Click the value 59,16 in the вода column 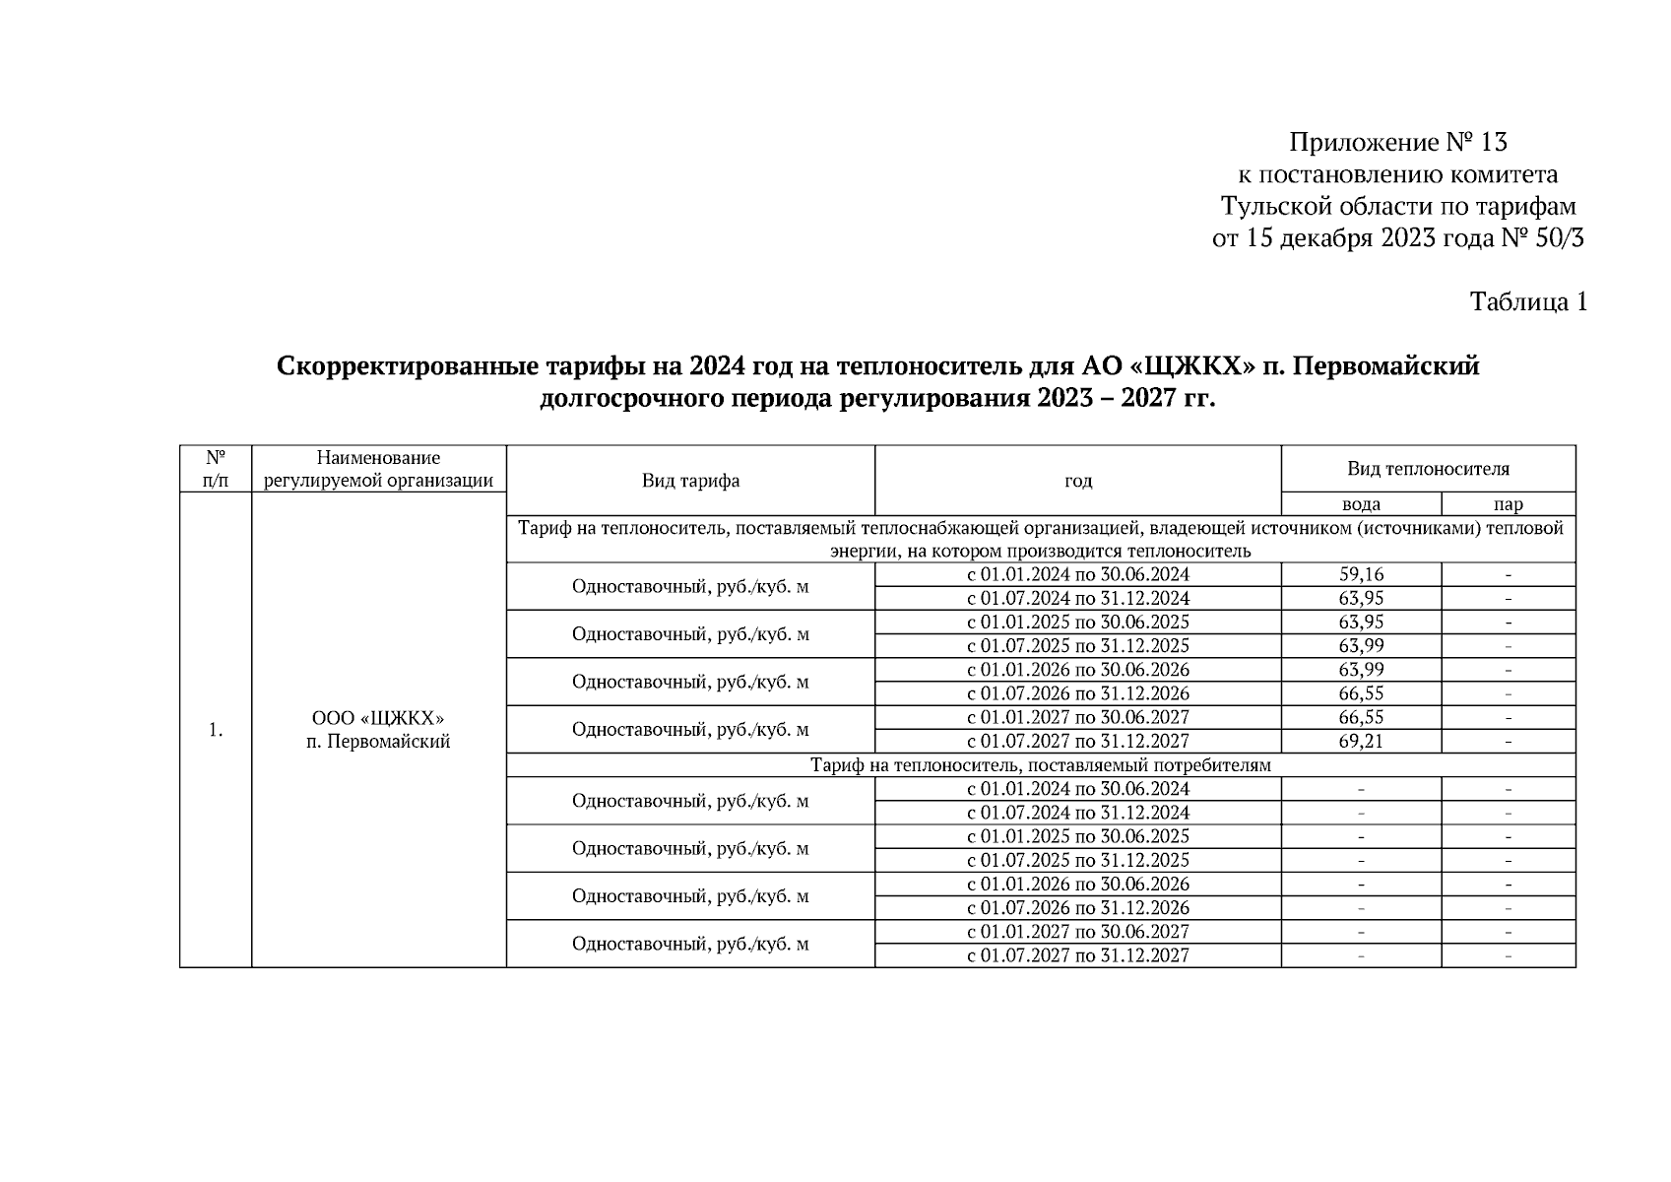[x=1361, y=574]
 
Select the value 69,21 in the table [x=1361, y=741]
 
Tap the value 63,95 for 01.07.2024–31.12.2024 [x=1361, y=598]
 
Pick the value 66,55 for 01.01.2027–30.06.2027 [x=1361, y=717]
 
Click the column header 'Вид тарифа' [x=690, y=481]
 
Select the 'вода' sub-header [x=1361, y=504]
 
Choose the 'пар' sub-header [x=1508, y=504]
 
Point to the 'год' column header [x=1077, y=481]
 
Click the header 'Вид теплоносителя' [x=1428, y=469]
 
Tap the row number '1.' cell [x=216, y=730]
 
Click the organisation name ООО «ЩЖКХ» [x=378, y=718]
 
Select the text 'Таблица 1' [x=1527, y=301]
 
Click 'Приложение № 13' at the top [x=1397, y=143]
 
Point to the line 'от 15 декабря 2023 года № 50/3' [x=1397, y=237]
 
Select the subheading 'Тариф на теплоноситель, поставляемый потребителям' [x=1040, y=765]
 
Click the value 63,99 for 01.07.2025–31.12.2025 [x=1361, y=646]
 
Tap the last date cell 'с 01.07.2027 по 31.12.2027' [x=1077, y=955]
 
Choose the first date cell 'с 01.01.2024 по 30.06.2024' [x=1077, y=574]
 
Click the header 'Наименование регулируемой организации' [x=378, y=469]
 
